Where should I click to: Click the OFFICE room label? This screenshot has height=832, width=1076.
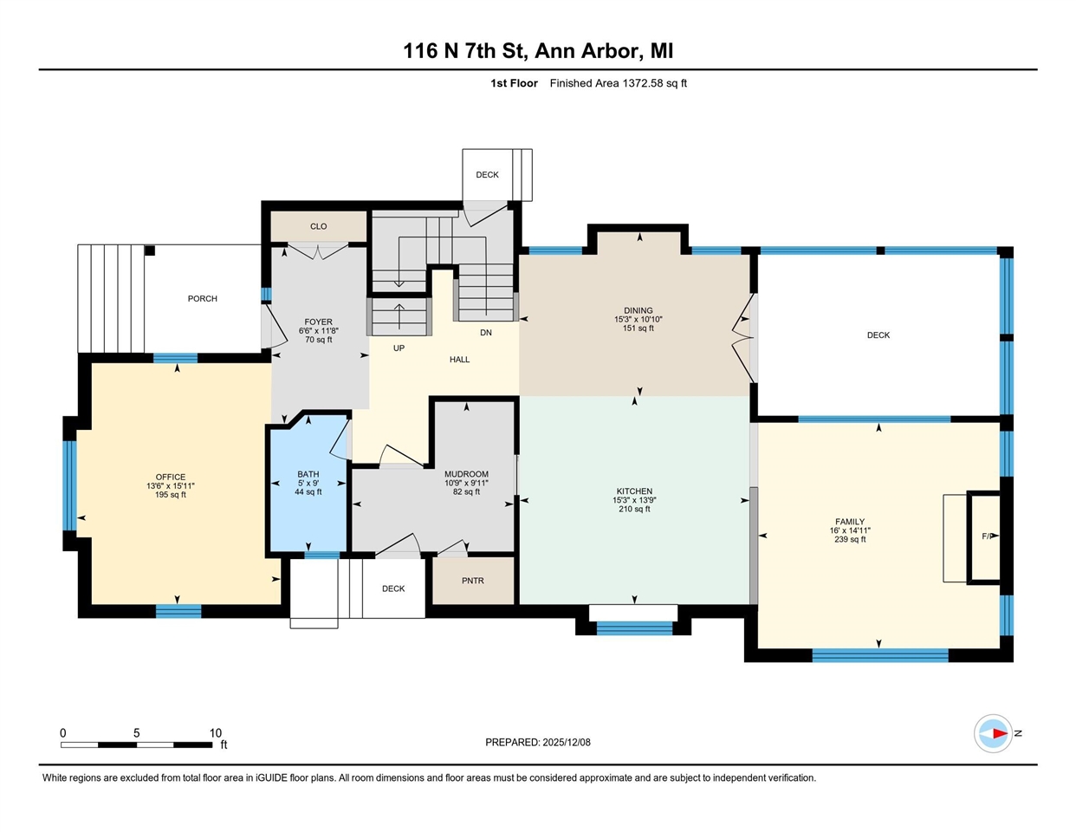(171, 477)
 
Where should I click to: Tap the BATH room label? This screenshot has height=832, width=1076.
(308, 474)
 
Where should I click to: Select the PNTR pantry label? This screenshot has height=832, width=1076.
(473, 581)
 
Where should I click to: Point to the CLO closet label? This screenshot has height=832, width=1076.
(319, 226)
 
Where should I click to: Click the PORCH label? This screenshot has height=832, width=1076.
(202, 299)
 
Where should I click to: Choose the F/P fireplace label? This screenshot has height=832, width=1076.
(988, 536)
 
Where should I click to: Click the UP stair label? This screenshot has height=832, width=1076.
(399, 348)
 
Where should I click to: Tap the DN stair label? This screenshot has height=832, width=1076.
(486, 333)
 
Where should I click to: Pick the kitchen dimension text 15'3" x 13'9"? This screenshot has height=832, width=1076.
(634, 500)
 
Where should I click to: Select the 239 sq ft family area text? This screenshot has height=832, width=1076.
(850, 539)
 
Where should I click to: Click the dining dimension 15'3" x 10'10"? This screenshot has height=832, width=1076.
(638, 320)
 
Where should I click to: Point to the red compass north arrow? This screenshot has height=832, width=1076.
(1001, 733)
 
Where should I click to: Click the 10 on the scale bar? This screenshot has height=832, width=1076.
(216, 733)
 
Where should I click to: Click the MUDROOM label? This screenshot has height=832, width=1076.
(466, 474)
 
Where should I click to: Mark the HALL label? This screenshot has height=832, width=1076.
(459, 360)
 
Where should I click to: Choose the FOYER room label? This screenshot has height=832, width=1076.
(319, 322)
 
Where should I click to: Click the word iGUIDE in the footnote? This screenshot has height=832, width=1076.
(271, 778)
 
